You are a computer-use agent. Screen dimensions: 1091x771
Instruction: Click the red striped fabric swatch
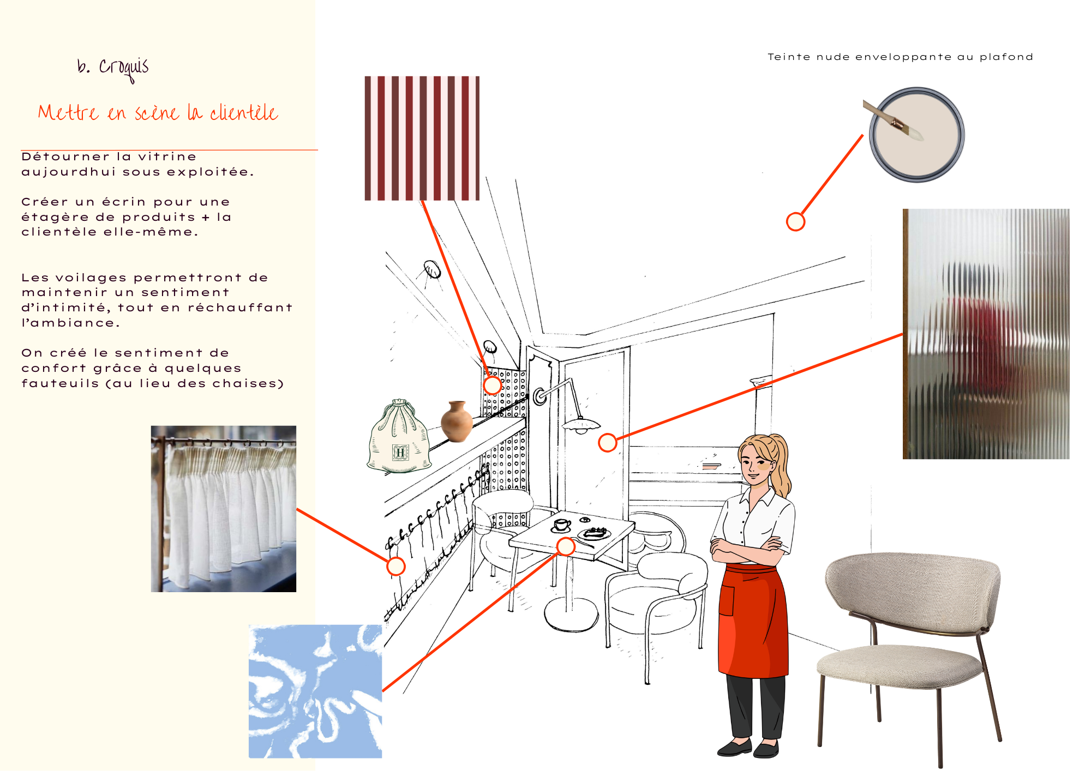[422, 138]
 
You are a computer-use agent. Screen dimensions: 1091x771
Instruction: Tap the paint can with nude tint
[916, 135]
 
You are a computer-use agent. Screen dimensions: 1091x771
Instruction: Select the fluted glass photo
[986, 334]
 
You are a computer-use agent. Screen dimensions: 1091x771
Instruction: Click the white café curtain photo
[224, 509]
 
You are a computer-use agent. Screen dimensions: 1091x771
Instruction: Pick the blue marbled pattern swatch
[315, 691]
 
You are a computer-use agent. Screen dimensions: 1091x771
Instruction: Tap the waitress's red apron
[753, 622]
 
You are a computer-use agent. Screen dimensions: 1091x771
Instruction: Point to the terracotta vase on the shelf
[457, 421]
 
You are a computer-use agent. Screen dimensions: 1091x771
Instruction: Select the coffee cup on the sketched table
[561, 526]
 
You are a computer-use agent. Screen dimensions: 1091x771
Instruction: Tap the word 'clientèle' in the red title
[244, 112]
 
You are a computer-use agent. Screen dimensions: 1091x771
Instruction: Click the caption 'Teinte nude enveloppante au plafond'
[900, 57]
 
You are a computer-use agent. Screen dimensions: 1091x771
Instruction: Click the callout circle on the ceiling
[796, 222]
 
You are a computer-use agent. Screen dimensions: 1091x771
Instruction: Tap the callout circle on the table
[566, 546]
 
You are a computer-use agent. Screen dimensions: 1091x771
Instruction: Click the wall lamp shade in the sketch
[581, 425]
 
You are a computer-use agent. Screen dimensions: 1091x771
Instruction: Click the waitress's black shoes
[748, 748]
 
